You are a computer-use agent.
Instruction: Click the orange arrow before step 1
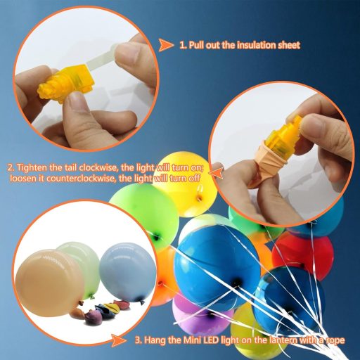[x=166, y=45]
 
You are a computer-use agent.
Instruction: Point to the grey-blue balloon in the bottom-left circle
[x=122, y=271]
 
